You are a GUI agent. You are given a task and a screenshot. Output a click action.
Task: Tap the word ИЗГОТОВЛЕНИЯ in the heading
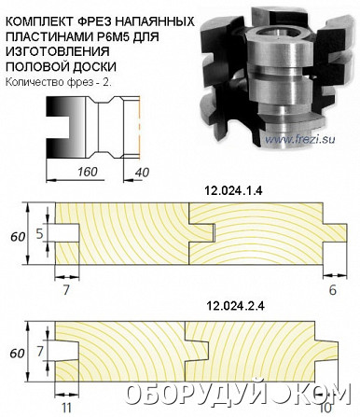point(58,51)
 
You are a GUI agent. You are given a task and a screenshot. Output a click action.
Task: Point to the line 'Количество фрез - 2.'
point(58,82)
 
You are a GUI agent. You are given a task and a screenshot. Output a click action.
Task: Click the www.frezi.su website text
point(300,139)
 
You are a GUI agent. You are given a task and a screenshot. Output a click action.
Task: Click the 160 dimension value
point(88,172)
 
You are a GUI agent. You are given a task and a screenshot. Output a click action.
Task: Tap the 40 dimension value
point(142,173)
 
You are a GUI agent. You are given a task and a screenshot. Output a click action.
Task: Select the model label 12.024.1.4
point(233,190)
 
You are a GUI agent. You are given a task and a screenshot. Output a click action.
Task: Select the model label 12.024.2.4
point(235,306)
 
